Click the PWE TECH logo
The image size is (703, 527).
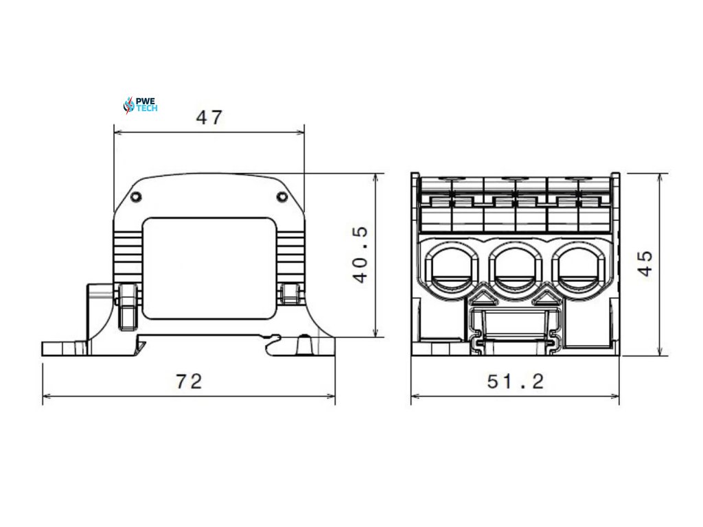pos(140,105)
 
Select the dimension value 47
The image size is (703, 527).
pos(209,117)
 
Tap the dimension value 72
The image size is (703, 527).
pos(189,382)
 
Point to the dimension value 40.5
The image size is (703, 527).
pos(361,255)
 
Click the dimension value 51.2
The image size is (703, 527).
pos(516,382)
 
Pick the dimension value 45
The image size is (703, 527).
pos(645,263)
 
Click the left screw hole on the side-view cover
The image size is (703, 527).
pos(136,198)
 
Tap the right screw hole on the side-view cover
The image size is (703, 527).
pos(281,198)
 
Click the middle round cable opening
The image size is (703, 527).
pos(515,268)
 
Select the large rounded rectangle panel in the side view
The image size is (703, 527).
pos(209,268)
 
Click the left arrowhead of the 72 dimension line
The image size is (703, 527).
pos(46,396)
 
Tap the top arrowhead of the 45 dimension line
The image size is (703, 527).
pos(660,176)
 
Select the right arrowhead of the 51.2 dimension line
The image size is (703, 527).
pos(615,396)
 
